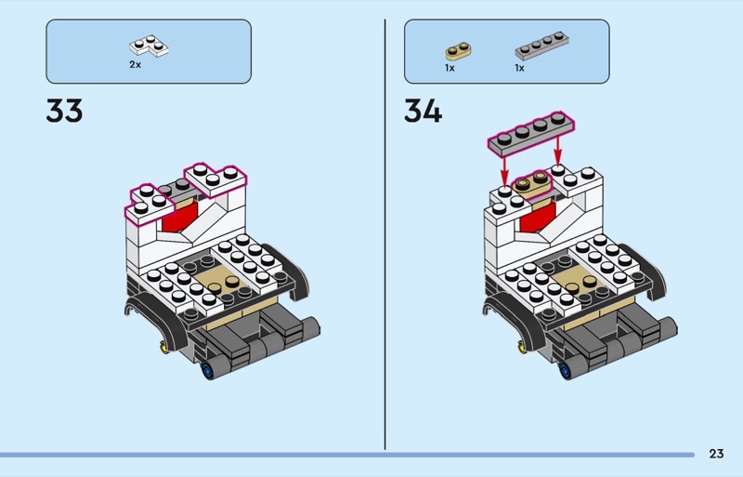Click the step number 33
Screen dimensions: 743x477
[x=64, y=112]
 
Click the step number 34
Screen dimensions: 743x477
[x=423, y=112]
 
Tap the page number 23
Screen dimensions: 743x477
[x=716, y=454]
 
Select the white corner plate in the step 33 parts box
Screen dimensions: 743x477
[x=150, y=46]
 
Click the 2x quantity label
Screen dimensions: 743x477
[x=136, y=65]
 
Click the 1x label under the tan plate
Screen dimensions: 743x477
[x=450, y=68]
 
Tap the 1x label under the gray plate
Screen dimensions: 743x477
[x=520, y=68]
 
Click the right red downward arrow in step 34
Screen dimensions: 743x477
[x=558, y=150]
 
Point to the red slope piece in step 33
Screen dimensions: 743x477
[x=179, y=220]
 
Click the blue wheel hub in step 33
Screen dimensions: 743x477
[x=206, y=374]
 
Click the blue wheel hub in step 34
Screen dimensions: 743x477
[x=564, y=374]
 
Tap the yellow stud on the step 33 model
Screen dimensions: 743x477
[x=165, y=349]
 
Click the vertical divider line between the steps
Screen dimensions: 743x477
[x=385, y=232]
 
